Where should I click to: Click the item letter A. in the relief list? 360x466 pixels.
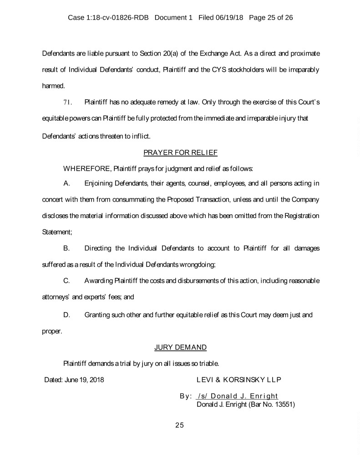pos(66,183)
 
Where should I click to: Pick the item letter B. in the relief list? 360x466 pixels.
pos(66,248)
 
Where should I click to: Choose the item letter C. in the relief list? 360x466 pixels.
pos(66,280)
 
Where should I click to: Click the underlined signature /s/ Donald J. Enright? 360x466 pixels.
pos(237,396)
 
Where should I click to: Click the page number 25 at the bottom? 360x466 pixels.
pos(179,425)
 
